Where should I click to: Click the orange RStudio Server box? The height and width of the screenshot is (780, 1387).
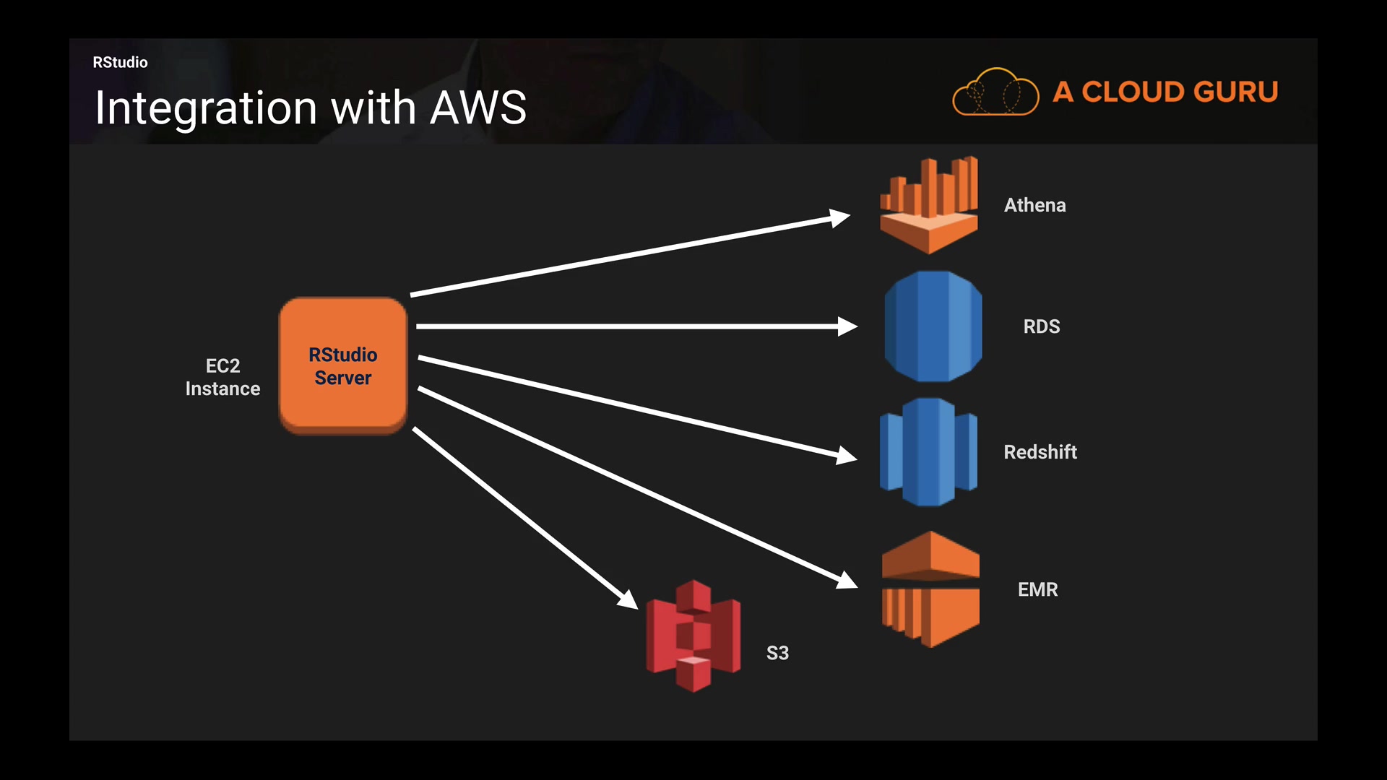(x=343, y=365)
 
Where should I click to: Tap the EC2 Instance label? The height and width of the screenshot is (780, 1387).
(x=222, y=377)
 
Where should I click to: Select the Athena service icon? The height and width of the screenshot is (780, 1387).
(x=929, y=205)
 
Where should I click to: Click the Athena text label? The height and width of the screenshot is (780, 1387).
(x=1034, y=205)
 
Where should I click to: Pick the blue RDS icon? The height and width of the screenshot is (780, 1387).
(x=933, y=326)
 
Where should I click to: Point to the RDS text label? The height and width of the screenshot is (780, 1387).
(x=1041, y=326)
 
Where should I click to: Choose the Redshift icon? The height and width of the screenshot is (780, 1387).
(x=929, y=452)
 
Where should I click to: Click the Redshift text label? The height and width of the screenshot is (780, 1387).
(x=1040, y=452)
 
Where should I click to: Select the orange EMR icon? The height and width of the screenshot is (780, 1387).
(x=930, y=589)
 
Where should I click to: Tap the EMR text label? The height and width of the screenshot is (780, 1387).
(x=1037, y=589)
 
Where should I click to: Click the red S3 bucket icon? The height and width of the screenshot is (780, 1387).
(x=693, y=636)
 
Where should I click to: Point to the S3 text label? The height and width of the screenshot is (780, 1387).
(x=777, y=653)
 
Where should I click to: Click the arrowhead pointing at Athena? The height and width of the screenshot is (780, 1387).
(x=840, y=217)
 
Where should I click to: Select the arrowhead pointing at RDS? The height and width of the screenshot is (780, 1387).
(x=847, y=326)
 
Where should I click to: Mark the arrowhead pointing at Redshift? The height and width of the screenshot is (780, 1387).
(x=847, y=456)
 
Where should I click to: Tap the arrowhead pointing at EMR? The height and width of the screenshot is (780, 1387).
(x=847, y=581)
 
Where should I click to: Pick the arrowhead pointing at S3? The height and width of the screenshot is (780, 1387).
(x=628, y=599)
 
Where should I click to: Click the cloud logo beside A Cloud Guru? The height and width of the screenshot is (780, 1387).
(x=995, y=92)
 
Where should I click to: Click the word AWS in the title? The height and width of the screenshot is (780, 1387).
(x=478, y=108)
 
